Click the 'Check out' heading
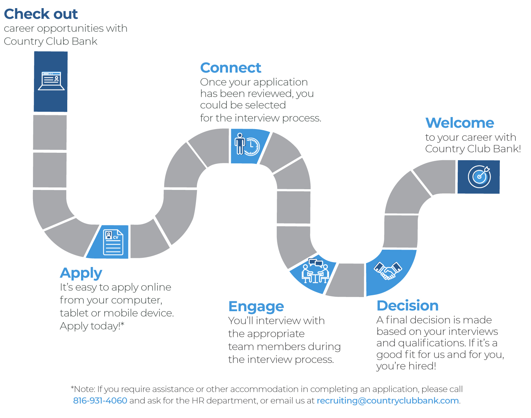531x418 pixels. point(41,14)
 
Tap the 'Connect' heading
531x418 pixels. point(230,68)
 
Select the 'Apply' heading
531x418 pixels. point(81,273)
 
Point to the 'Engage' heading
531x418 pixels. point(256,307)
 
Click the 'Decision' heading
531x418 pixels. point(407,306)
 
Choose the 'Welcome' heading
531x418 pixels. point(459,123)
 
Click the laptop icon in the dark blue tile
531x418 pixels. point(51,81)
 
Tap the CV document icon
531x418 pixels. point(113,242)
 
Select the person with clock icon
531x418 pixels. point(247,144)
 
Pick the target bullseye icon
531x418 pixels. point(479,176)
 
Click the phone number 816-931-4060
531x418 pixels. point(100,401)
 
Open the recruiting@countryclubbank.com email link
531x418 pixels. point(388,401)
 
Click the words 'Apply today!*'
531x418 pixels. point(92,326)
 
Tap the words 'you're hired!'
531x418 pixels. point(406,366)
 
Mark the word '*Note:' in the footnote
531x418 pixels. point(83,389)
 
